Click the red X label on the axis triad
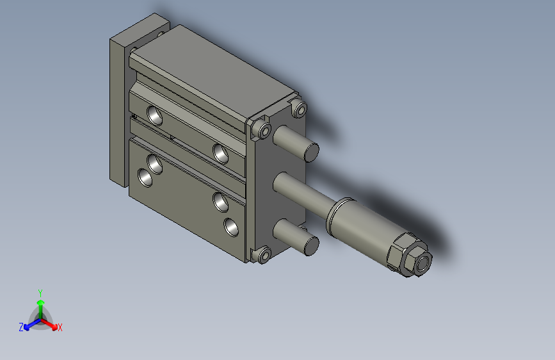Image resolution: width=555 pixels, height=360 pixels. point(60,327)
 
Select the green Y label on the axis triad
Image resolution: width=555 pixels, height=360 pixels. point(40,291)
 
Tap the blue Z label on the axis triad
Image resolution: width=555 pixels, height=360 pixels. point(21,327)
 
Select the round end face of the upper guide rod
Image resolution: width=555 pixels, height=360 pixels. point(311,152)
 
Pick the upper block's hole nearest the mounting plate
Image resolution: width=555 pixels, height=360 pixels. point(155,115)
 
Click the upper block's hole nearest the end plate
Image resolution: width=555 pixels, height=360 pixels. point(221,153)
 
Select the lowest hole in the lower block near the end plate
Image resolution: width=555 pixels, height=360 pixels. point(230,226)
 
